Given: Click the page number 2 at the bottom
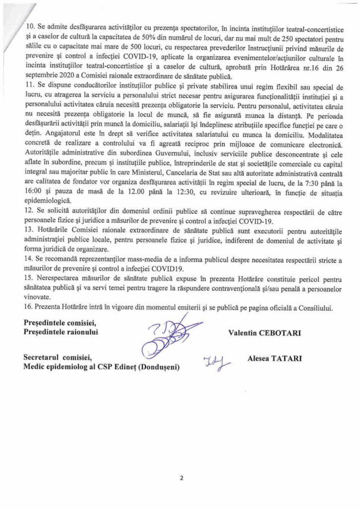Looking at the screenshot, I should pyautogui.click(x=181, y=479).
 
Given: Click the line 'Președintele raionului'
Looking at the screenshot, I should pyautogui.click(x=61, y=332).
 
